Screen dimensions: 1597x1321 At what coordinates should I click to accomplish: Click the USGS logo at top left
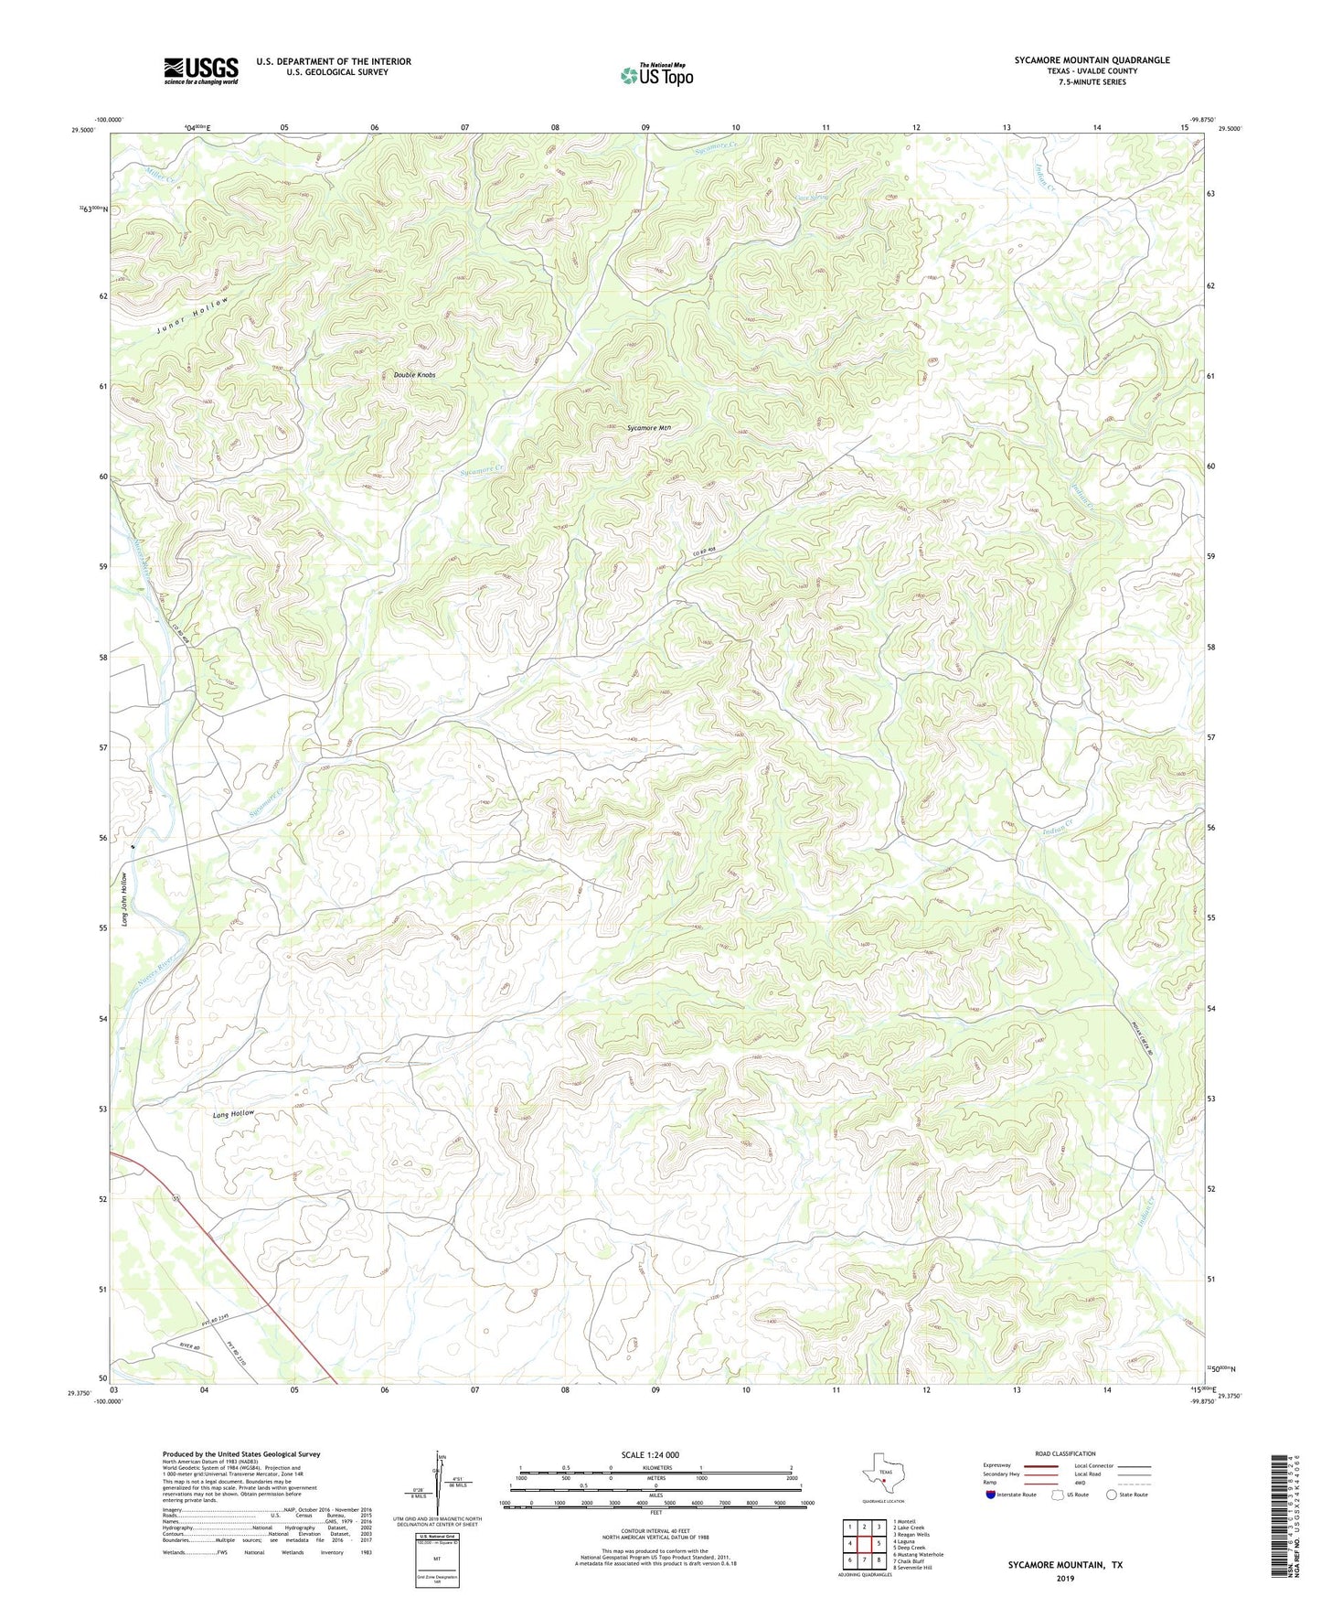point(201,70)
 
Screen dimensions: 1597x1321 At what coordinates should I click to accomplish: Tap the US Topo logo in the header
point(655,75)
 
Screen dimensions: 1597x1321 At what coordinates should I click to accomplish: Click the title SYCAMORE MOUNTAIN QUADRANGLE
point(1092,60)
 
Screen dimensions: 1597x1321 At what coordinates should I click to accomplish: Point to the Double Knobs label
point(414,375)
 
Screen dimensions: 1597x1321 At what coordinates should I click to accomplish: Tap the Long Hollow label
point(233,1114)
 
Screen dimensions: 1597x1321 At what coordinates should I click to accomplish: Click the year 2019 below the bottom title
point(1065,1578)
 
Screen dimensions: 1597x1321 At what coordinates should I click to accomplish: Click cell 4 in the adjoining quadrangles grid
point(850,1543)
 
